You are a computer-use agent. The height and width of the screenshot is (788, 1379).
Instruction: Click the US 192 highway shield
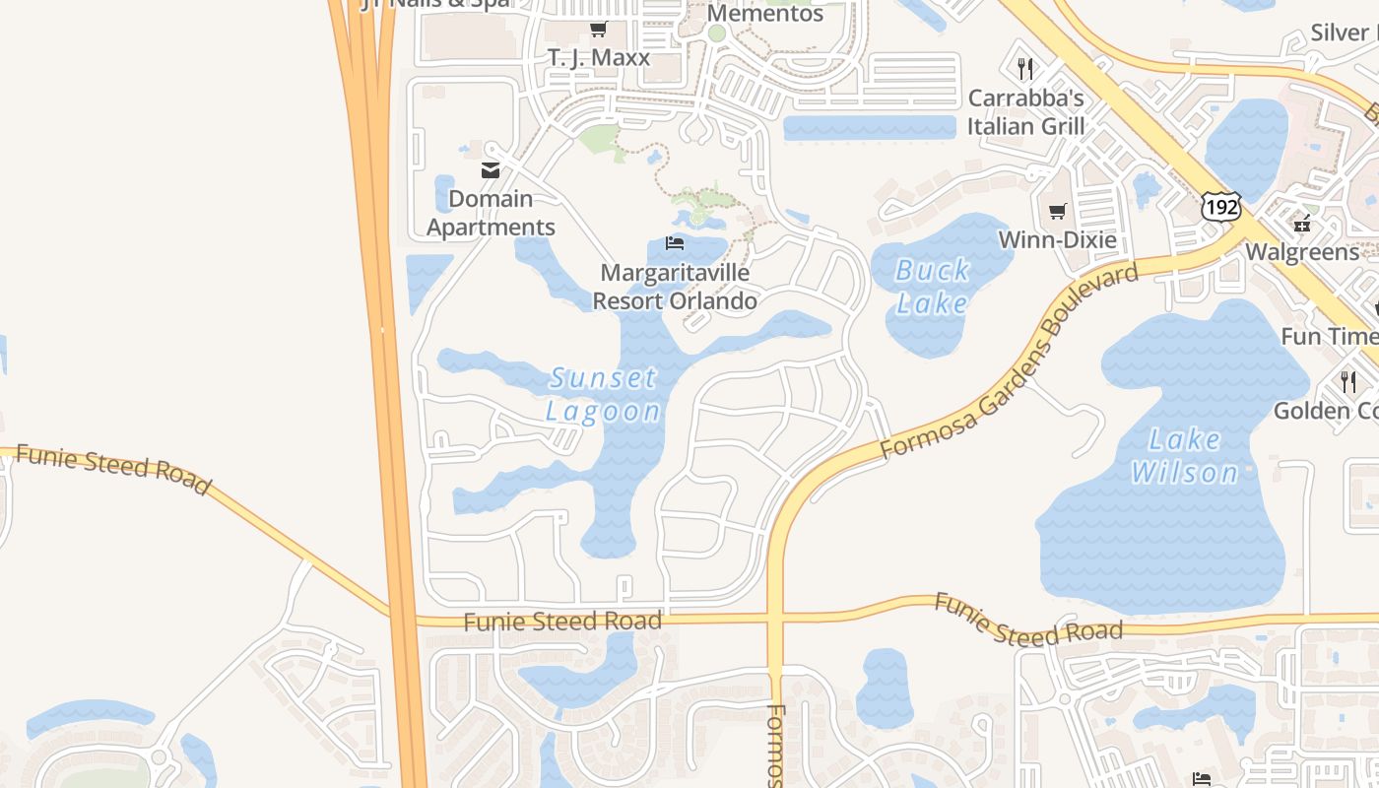point(1220,207)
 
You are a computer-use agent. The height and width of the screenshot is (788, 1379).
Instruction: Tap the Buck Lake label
point(932,286)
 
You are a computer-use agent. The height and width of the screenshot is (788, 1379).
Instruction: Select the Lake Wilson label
point(1184,456)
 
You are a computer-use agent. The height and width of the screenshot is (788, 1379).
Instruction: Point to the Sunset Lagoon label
point(603,394)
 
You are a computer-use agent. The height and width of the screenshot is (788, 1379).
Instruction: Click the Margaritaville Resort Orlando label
point(675,287)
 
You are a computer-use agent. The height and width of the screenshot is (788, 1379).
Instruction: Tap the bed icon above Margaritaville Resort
point(675,242)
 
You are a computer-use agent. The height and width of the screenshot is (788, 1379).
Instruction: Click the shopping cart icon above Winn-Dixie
point(1058,211)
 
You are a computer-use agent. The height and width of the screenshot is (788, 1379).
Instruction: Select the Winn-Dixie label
point(1057,239)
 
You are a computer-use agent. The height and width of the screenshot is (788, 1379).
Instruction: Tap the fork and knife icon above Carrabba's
point(1025,68)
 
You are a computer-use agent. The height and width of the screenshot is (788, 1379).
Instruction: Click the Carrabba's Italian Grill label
point(1025,112)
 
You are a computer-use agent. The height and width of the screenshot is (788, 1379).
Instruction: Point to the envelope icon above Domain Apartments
point(491,170)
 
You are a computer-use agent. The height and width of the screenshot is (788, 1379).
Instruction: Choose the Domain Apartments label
point(491,213)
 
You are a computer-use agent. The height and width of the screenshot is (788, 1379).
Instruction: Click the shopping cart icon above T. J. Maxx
point(598,30)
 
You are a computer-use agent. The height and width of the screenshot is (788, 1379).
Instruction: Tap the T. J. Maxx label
point(599,57)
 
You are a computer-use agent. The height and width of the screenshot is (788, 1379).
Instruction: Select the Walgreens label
point(1302,252)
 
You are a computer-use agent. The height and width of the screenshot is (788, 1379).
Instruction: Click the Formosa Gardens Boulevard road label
point(1009,361)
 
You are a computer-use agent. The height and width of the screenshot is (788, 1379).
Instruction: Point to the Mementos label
point(764,13)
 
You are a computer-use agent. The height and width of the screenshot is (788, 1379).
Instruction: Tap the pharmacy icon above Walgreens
point(1303,224)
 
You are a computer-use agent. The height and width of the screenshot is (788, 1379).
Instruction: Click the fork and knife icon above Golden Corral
point(1348,381)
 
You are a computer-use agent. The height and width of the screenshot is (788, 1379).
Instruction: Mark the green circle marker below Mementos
point(717,33)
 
